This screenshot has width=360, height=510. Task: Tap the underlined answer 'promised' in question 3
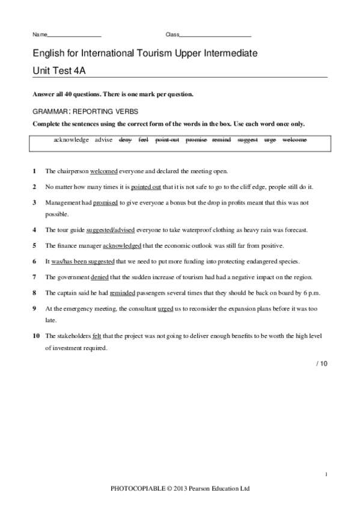(x=105, y=203)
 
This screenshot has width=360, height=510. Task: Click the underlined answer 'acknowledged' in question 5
(x=130, y=245)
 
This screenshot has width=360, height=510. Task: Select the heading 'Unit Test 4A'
(x=60, y=69)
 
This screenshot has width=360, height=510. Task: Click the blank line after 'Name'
(x=74, y=35)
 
